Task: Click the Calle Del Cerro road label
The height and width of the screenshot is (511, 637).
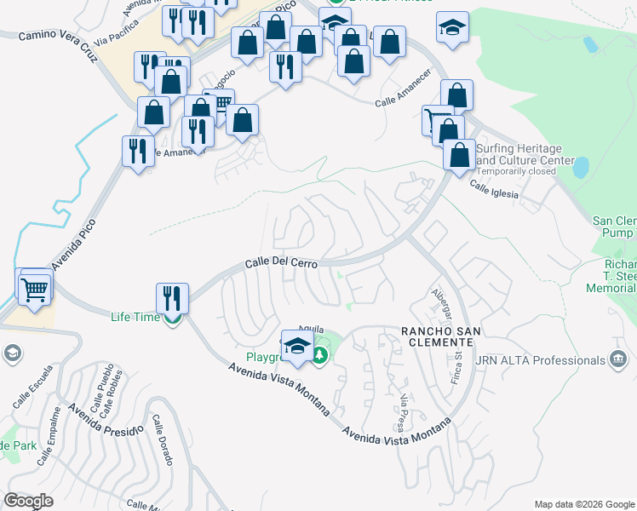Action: click(282, 263)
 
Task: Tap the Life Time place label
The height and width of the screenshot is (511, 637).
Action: click(135, 318)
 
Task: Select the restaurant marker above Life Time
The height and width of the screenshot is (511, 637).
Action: click(172, 298)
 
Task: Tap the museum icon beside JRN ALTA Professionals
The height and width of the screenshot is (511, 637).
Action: click(619, 359)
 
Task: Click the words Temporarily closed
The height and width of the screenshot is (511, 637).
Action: click(516, 171)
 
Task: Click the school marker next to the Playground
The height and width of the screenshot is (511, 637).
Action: click(297, 346)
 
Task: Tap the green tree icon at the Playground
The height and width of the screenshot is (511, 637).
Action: click(320, 355)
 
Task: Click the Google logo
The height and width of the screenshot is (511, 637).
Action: click(29, 501)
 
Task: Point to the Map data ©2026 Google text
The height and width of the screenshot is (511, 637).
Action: click(583, 503)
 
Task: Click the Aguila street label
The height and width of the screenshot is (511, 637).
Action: click(310, 329)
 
